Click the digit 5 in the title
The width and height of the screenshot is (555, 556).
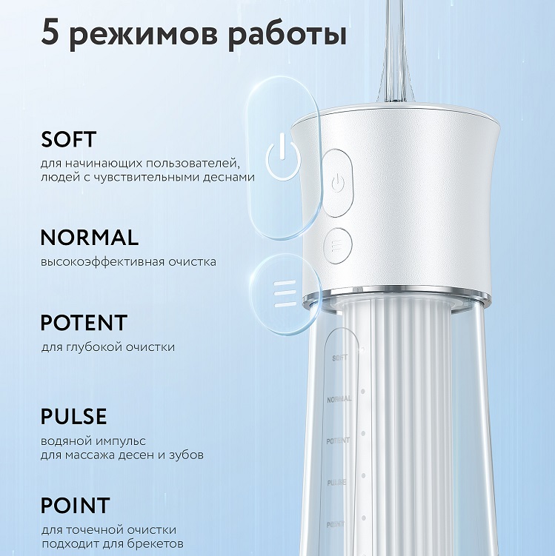click(50, 33)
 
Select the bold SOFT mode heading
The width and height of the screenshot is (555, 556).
click(68, 139)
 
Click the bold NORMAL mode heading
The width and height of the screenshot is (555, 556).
click(90, 237)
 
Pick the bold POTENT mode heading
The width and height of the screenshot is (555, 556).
click(84, 322)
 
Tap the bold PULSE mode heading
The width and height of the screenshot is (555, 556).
click(73, 416)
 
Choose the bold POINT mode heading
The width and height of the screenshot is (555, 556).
click(76, 506)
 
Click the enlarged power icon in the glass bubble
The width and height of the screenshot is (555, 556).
click(283, 157)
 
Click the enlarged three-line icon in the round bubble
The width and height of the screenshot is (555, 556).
click(285, 293)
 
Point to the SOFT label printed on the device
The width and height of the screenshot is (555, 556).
click(339, 358)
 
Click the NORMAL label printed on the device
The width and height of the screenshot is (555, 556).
click(339, 399)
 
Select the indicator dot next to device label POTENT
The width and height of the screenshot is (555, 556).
click(363, 434)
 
